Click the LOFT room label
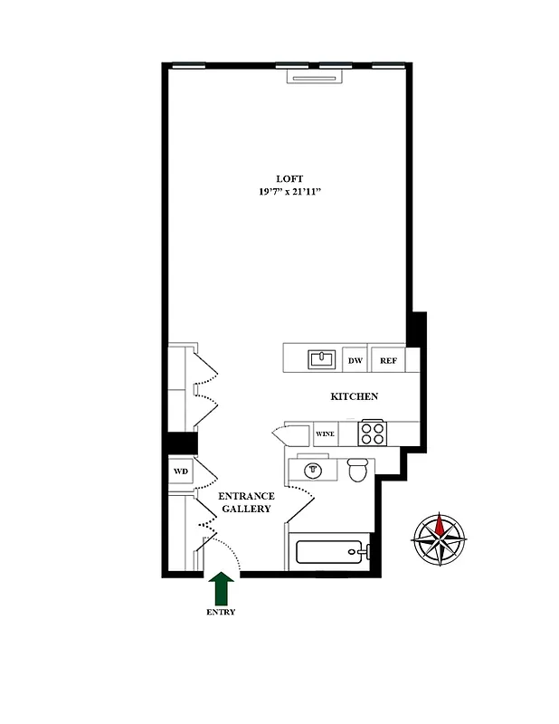[289, 177]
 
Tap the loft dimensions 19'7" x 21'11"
[289, 192]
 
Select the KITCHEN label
[354, 396]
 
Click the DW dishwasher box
[355, 360]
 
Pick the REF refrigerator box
[388, 360]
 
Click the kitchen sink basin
[321, 358]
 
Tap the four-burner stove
[372, 433]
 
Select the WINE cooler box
[325, 434]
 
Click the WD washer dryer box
[181, 472]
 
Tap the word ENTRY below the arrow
[221, 612]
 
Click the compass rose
[440, 540]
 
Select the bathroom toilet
[358, 471]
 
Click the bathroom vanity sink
[313, 471]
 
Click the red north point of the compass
[440, 524]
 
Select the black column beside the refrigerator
[415, 329]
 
